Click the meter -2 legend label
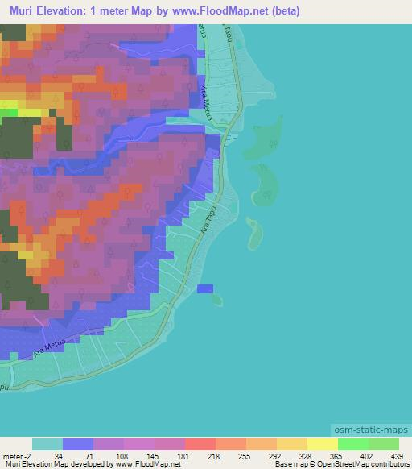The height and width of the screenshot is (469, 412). [x=17, y=457]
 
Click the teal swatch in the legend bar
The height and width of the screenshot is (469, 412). [x=47, y=445]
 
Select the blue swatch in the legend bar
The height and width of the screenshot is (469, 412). [x=78, y=445]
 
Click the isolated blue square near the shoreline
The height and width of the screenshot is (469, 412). [x=205, y=288]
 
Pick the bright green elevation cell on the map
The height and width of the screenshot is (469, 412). [x=10, y=112]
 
